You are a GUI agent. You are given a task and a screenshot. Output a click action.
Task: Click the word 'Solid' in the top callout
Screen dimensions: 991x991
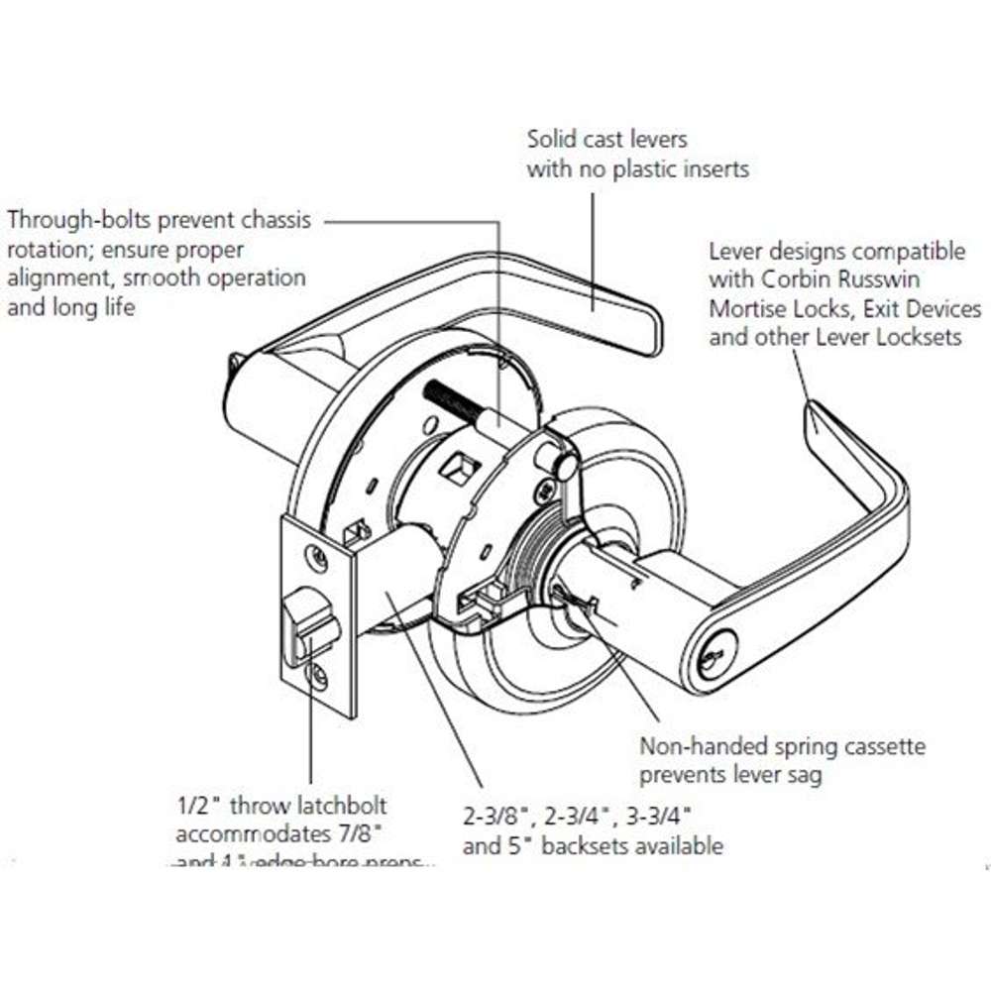[x=550, y=139]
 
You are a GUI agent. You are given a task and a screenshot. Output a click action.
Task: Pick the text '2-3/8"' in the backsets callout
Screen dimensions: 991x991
[x=495, y=818]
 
